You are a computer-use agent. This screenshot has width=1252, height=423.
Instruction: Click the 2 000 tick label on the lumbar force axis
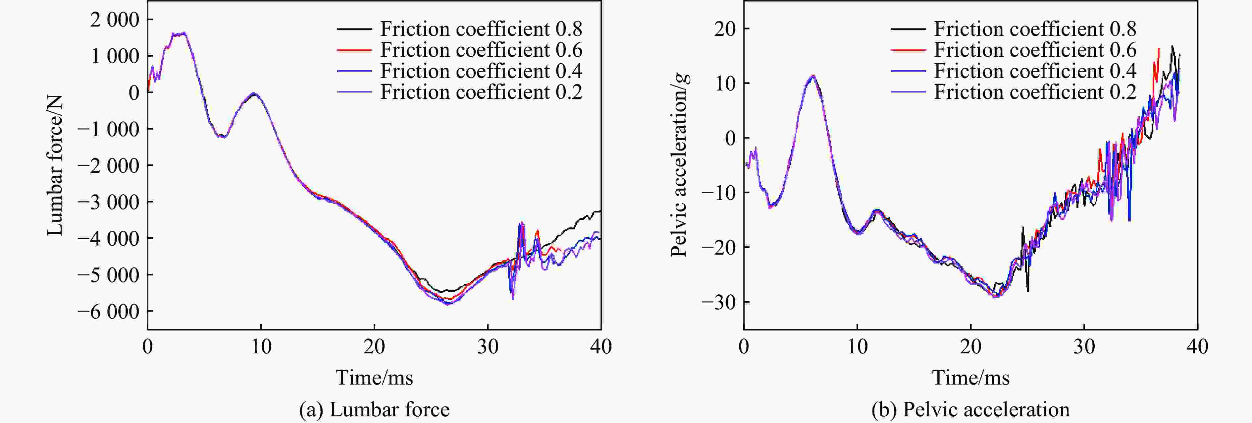(115, 20)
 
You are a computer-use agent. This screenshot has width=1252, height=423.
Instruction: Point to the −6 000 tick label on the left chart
(108, 312)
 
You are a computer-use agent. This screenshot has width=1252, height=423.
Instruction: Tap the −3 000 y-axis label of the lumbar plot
(108, 202)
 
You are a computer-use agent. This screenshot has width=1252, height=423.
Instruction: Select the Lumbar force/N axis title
(55, 165)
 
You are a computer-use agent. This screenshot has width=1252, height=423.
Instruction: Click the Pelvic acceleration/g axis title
(679, 165)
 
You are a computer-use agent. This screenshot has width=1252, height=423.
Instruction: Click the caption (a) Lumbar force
(374, 409)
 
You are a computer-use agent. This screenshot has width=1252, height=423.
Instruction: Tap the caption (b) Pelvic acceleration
(970, 409)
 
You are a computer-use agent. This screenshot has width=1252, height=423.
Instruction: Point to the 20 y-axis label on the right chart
(725, 29)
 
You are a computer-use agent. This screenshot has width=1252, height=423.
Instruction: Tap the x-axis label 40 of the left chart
(601, 347)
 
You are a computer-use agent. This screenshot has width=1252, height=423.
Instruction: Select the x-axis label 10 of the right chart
(857, 347)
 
